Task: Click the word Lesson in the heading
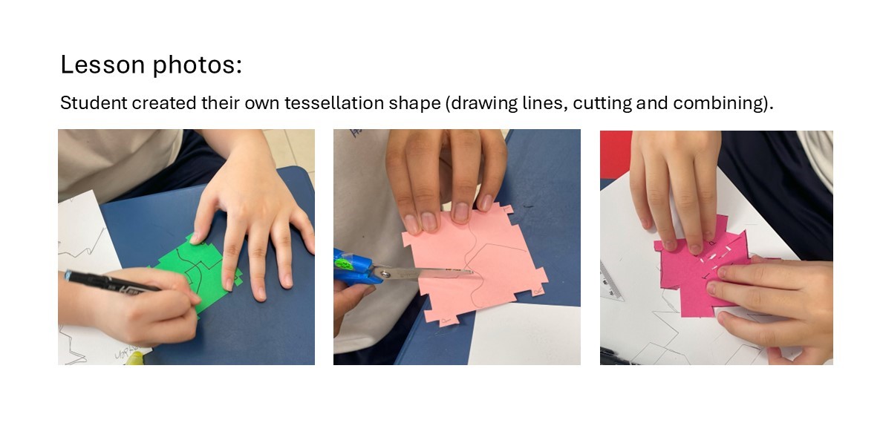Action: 103,65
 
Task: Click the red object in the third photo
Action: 616,154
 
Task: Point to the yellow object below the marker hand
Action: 134,358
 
